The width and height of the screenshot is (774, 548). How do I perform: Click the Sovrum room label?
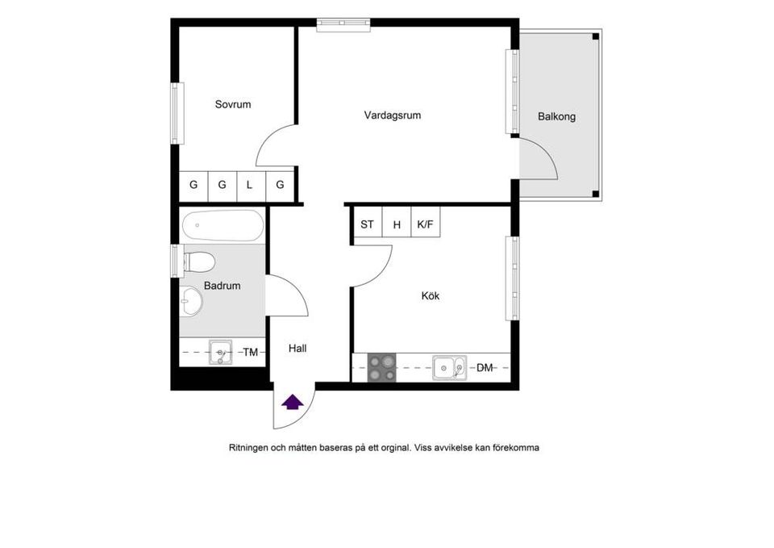233,104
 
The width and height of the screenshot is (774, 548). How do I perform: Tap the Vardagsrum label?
392,115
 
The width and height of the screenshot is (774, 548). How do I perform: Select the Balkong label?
556,117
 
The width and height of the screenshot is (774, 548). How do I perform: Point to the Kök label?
431,296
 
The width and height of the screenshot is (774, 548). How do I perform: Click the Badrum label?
222,286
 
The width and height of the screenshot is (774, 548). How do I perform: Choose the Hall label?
298,349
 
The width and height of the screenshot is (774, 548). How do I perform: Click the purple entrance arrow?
292,401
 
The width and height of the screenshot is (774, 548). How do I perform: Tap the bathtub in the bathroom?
223,226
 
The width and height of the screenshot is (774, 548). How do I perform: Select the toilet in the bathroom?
198,261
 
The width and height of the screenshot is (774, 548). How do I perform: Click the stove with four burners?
382,368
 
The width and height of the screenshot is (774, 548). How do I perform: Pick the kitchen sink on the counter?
449,368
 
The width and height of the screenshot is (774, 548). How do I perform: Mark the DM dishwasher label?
484,368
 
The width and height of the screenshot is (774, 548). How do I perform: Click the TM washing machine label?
251,353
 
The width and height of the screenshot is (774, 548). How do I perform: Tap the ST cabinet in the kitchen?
367,225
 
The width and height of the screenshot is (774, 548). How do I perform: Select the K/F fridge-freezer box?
425,225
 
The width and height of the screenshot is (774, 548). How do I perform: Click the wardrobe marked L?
250,185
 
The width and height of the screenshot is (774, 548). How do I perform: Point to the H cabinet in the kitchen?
397,225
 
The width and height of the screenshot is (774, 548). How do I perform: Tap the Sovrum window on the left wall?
175,113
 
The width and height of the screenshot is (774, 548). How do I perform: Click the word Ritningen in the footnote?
248,447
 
